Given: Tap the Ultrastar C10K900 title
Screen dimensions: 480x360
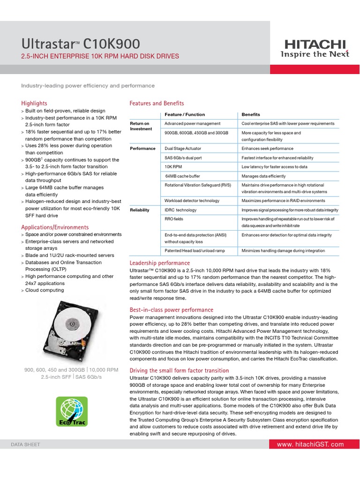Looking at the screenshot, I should point(81,44).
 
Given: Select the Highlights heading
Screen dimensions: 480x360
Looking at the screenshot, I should point(34,103).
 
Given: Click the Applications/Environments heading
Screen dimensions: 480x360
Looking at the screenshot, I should point(55,227).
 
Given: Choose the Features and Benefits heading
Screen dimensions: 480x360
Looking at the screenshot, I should point(157,103).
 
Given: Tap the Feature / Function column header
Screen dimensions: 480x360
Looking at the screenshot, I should point(185,114).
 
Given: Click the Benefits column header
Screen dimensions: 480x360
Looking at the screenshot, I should point(251,114).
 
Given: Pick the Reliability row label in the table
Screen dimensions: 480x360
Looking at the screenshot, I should point(140,210).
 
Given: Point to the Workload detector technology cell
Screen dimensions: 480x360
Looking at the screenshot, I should point(192,201).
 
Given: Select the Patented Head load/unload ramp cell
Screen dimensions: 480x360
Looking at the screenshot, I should point(195,251).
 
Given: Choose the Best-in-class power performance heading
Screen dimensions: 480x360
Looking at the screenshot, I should point(171,310).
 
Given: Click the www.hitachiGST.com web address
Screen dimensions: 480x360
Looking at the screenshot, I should point(310,444).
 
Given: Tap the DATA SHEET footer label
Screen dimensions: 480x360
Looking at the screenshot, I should point(26,444).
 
